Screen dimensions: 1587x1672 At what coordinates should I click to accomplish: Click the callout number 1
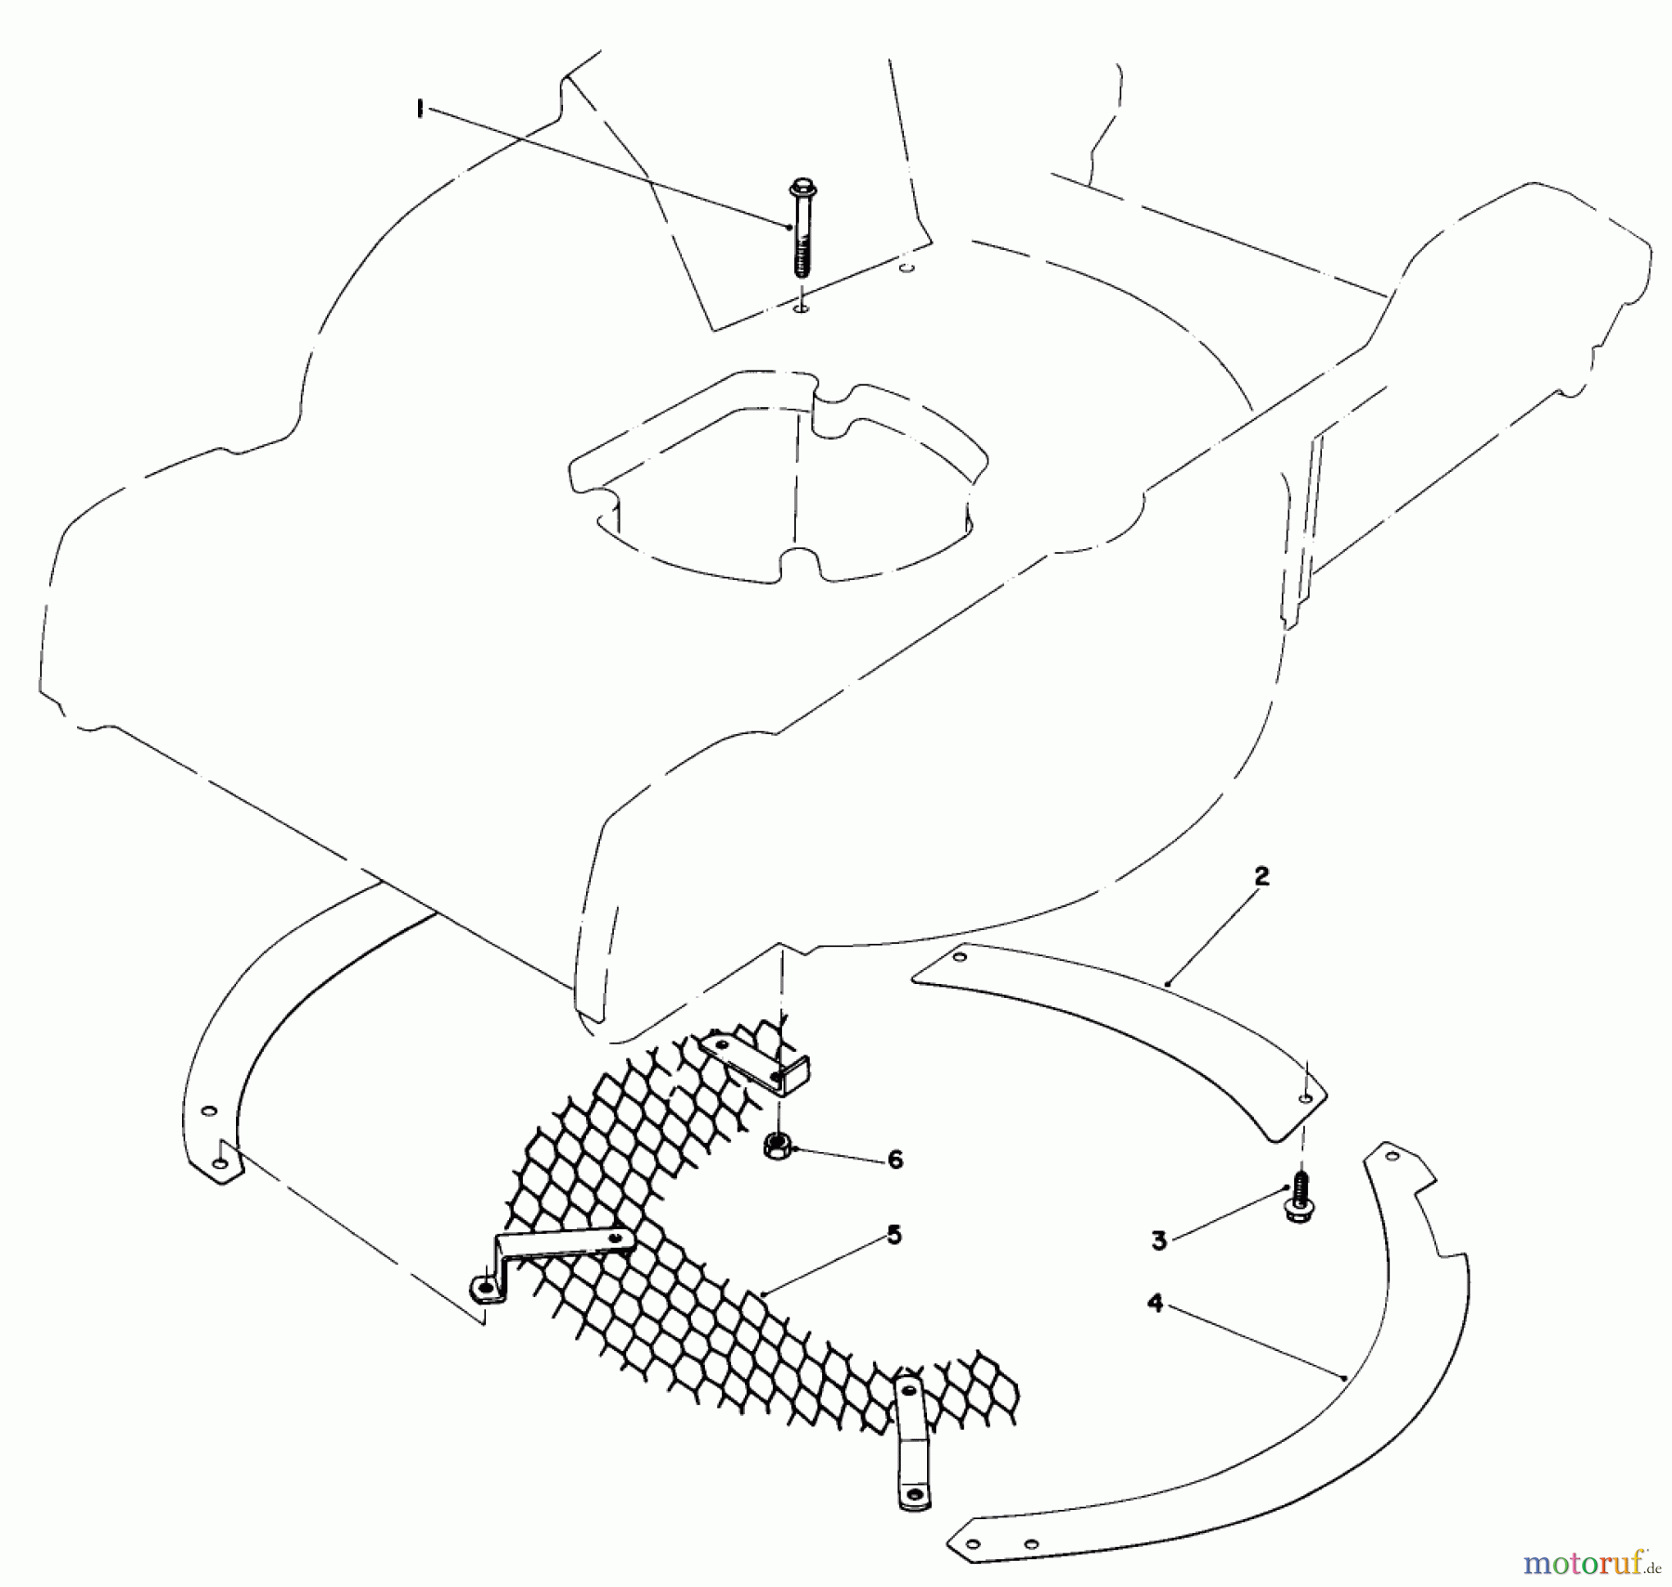coord(420,110)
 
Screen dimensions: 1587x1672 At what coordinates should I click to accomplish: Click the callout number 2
coord(1261,876)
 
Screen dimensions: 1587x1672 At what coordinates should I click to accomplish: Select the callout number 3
coord(1158,1240)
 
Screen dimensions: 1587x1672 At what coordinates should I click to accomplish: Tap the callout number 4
coord(1155,1303)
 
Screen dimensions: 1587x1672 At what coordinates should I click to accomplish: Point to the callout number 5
coord(894,1235)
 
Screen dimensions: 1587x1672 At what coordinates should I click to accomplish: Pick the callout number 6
coord(895,1159)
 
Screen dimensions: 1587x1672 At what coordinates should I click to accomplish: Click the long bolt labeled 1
coord(800,228)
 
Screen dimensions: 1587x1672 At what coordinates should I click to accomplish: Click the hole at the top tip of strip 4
coord(1391,1157)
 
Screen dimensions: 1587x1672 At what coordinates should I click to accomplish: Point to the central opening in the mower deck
coord(780,492)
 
